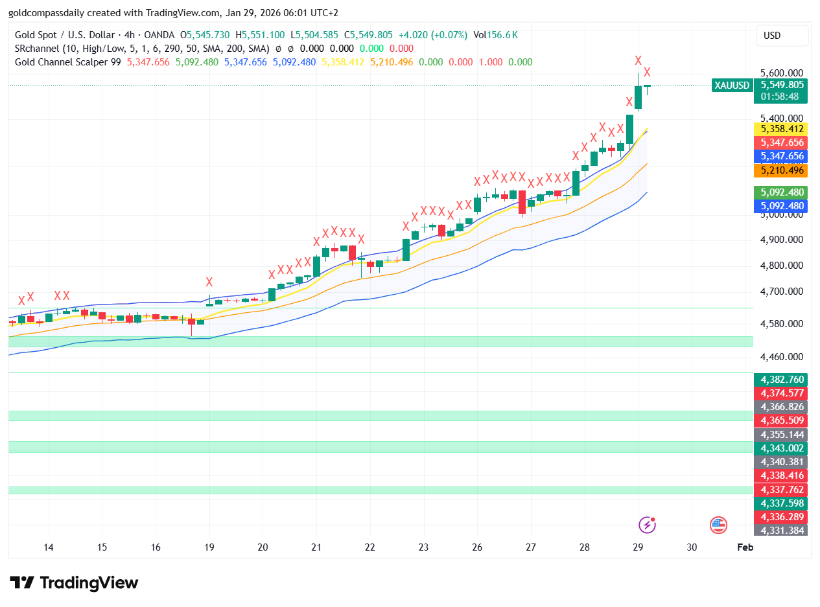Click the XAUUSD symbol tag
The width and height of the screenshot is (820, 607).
[x=731, y=85]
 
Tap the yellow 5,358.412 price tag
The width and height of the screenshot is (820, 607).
[x=782, y=128]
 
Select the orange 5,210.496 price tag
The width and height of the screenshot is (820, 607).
[x=782, y=170]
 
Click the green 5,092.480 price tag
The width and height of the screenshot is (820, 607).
[x=782, y=192]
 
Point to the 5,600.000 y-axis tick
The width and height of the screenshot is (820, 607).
[x=782, y=73]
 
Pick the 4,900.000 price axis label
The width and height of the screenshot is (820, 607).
[x=782, y=240]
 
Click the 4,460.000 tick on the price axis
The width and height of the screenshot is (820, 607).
[x=782, y=357]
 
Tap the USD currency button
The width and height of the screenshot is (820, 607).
[x=782, y=36]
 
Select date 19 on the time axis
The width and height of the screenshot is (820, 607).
[x=209, y=547]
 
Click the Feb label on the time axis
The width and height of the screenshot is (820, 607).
[x=745, y=547]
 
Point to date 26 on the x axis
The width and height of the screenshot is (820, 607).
[x=477, y=547]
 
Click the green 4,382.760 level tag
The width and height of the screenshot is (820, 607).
[x=782, y=380]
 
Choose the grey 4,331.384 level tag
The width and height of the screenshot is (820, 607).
[x=782, y=531]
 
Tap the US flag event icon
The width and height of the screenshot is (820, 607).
[x=718, y=525]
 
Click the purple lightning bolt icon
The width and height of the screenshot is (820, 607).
[x=647, y=525]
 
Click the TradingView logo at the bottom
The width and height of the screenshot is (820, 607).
[x=74, y=582]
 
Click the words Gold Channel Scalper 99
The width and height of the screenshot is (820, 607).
[x=68, y=62]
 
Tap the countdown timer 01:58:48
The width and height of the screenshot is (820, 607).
[x=780, y=96]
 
